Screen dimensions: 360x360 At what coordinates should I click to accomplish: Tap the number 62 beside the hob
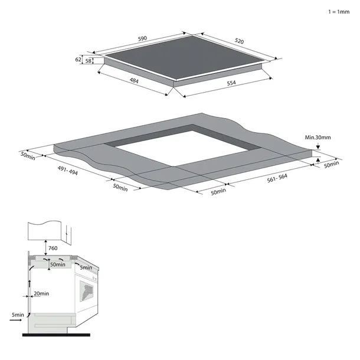click(78, 60)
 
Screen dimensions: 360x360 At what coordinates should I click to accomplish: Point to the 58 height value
click(89, 60)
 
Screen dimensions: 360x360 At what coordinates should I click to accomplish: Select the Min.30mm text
click(318, 138)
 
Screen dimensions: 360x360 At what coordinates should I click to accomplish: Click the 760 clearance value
click(53, 248)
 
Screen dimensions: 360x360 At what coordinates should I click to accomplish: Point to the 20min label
click(41, 293)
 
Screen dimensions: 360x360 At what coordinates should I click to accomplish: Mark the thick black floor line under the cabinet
click(56, 335)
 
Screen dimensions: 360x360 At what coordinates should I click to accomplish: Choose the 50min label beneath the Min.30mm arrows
click(332, 164)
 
